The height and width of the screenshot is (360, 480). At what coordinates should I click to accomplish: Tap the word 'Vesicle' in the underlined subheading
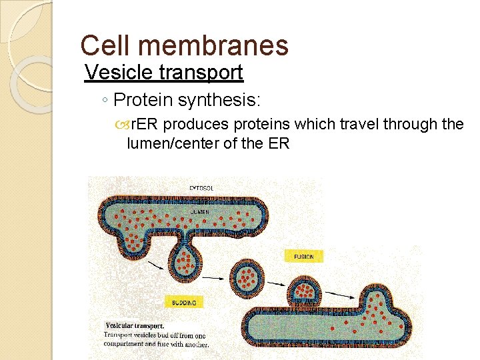117,71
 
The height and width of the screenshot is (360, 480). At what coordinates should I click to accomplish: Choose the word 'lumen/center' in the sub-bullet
164,143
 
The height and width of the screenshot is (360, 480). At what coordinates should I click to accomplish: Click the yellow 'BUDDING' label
184,303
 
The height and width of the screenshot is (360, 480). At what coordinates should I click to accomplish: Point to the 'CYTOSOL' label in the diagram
201,189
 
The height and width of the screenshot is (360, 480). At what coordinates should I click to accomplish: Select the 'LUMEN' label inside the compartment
199,211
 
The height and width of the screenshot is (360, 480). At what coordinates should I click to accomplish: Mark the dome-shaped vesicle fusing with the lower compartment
304,291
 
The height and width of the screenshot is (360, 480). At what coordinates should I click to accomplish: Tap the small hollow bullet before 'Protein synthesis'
106,101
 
